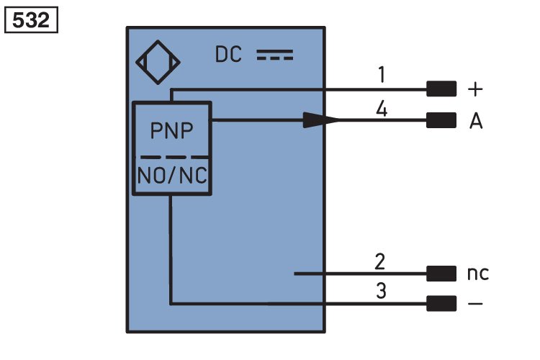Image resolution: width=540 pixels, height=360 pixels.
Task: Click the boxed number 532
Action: click(31, 20)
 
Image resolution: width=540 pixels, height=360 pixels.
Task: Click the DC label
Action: click(228, 55)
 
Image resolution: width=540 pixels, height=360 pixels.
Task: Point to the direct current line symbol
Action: click(275, 55)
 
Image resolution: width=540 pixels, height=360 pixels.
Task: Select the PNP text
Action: click(171, 130)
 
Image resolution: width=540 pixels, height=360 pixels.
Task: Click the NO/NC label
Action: click(172, 176)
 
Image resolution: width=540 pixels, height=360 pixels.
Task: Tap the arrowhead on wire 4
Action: click(321, 120)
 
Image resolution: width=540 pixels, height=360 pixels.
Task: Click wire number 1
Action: click(382, 74)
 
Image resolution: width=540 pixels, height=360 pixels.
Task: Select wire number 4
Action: click(382, 109)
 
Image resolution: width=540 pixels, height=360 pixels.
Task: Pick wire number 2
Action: click(380, 262)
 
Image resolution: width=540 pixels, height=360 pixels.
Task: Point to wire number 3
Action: click(381, 290)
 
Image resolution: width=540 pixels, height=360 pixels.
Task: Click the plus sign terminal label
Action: click(475, 89)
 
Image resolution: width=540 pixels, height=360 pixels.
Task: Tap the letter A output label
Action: click(476, 121)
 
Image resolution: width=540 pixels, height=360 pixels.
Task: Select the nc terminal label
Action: click(478, 274)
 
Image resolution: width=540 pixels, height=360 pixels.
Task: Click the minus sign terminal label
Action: click(475, 304)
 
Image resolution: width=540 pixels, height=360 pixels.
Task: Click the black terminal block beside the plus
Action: click(441, 89)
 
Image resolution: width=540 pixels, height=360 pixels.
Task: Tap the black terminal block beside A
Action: click(441, 120)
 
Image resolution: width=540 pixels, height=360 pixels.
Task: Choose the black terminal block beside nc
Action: click(441, 274)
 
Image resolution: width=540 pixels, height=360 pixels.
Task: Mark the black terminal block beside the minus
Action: click(441, 304)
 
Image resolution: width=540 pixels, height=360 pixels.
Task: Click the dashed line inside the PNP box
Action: click(174, 157)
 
